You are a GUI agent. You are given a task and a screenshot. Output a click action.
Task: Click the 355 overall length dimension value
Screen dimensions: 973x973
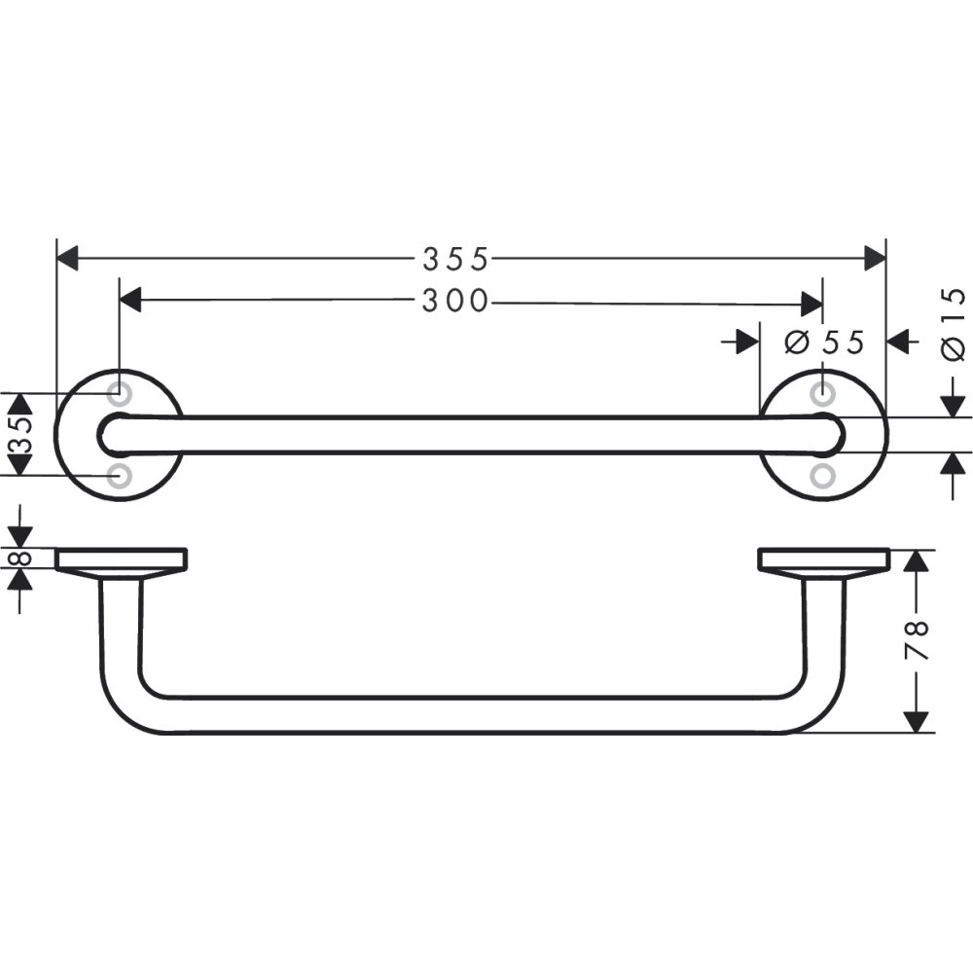[455, 259]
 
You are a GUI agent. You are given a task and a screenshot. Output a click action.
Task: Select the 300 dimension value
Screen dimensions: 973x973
[455, 302]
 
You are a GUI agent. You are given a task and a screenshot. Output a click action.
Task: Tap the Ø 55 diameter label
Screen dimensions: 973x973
[824, 342]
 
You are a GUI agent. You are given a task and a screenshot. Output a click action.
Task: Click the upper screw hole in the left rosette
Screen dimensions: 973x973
[119, 394]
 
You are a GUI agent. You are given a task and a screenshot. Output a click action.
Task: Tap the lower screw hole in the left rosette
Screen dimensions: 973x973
[119, 476]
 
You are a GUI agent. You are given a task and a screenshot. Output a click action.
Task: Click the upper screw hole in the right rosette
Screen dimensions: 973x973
[823, 394]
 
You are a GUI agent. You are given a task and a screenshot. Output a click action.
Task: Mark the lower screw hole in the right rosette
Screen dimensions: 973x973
[823, 476]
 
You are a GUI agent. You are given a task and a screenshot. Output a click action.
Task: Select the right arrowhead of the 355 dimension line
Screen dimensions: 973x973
[875, 259]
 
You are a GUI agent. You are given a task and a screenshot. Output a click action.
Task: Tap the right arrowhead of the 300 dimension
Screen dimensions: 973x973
[811, 303]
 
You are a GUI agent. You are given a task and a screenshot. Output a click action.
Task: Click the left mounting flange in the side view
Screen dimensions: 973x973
[121, 559]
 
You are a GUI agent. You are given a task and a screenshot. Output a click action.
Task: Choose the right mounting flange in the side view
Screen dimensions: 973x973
[822, 559]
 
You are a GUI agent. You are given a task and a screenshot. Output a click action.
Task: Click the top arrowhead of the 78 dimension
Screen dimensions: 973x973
[916, 561]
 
